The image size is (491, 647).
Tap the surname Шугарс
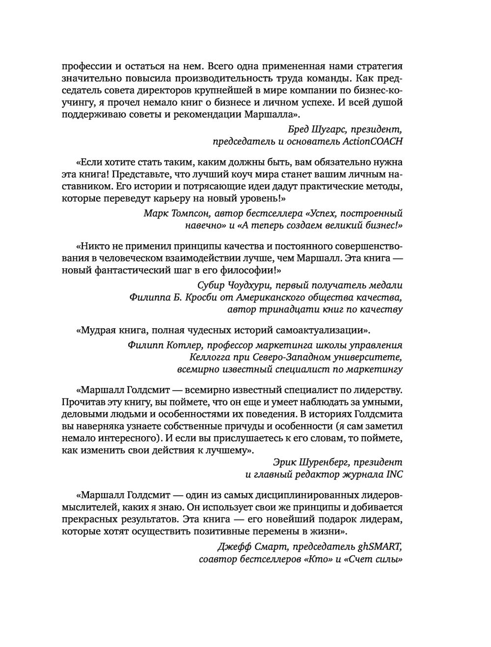pyautogui.click(x=328, y=130)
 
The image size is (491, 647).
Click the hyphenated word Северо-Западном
pyautogui.click(x=294, y=357)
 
